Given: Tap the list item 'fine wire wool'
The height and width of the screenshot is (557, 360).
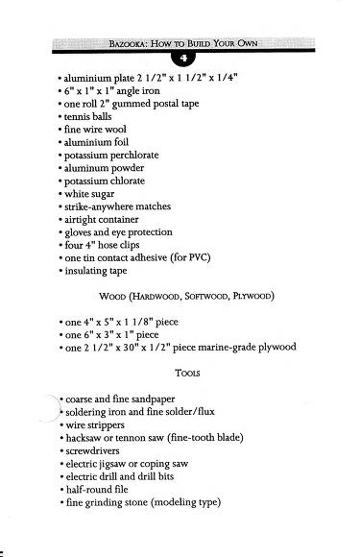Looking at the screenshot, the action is click(x=96, y=128).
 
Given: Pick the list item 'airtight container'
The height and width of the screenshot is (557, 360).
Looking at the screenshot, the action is click(x=104, y=219).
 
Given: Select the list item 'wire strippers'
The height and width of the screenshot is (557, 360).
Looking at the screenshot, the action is click(x=96, y=423).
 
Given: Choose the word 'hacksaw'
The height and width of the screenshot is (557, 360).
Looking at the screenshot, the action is click(x=85, y=436).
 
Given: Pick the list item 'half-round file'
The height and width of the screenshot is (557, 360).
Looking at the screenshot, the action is click(x=98, y=488).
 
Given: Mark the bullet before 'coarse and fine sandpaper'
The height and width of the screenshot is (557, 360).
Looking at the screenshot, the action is click(x=60, y=398).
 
